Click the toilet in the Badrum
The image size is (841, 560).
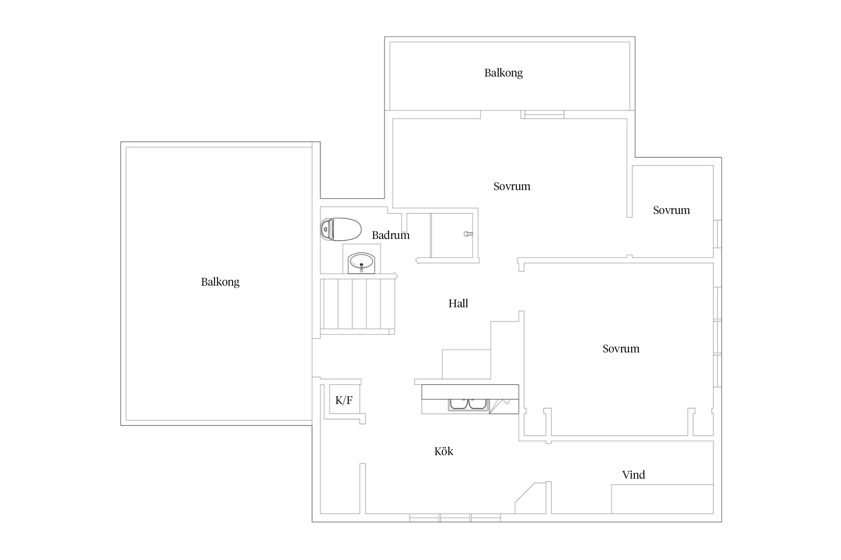click(341, 229)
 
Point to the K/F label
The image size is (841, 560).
click(344, 401)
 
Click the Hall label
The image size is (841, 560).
click(458, 304)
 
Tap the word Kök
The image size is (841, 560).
click(444, 451)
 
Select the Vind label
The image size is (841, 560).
click(634, 475)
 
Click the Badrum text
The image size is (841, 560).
click(391, 235)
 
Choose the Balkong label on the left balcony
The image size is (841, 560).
click(220, 282)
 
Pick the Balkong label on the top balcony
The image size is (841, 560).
click(503, 73)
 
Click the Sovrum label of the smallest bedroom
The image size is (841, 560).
click(671, 210)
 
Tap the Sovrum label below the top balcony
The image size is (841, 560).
click(512, 186)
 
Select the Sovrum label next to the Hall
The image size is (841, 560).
click(621, 349)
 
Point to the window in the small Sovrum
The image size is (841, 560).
click(717, 234)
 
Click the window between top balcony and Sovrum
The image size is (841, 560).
click(542, 115)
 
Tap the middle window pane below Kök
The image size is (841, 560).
click(455, 518)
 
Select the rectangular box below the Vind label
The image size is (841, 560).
click(662, 499)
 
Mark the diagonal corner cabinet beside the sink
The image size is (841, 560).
click(504, 406)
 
